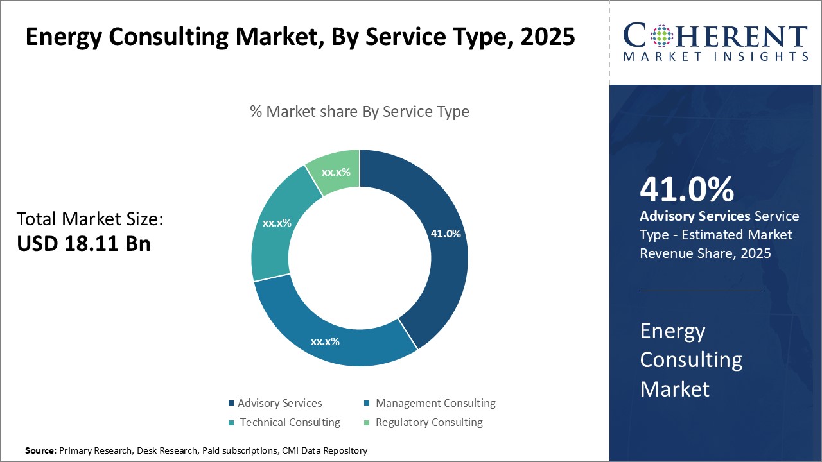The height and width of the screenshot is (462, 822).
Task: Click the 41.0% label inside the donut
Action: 445,234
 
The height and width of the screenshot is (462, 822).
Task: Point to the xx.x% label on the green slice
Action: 336,173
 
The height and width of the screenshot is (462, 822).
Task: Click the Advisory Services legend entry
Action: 279,403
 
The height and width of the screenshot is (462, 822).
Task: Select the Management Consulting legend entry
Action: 435,403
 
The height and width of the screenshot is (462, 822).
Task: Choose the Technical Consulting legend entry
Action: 290,422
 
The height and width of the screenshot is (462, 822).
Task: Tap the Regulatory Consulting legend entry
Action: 428,422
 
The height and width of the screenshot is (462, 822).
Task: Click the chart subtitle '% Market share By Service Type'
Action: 360,112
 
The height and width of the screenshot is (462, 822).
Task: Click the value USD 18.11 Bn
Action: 83,244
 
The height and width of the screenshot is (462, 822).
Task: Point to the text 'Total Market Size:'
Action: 90,219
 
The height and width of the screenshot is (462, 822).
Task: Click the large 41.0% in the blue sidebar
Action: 686,190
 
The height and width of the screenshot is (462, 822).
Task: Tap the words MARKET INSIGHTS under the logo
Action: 715,56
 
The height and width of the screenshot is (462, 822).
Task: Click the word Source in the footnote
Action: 40,451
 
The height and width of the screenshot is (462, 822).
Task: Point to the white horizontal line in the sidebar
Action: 701,291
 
